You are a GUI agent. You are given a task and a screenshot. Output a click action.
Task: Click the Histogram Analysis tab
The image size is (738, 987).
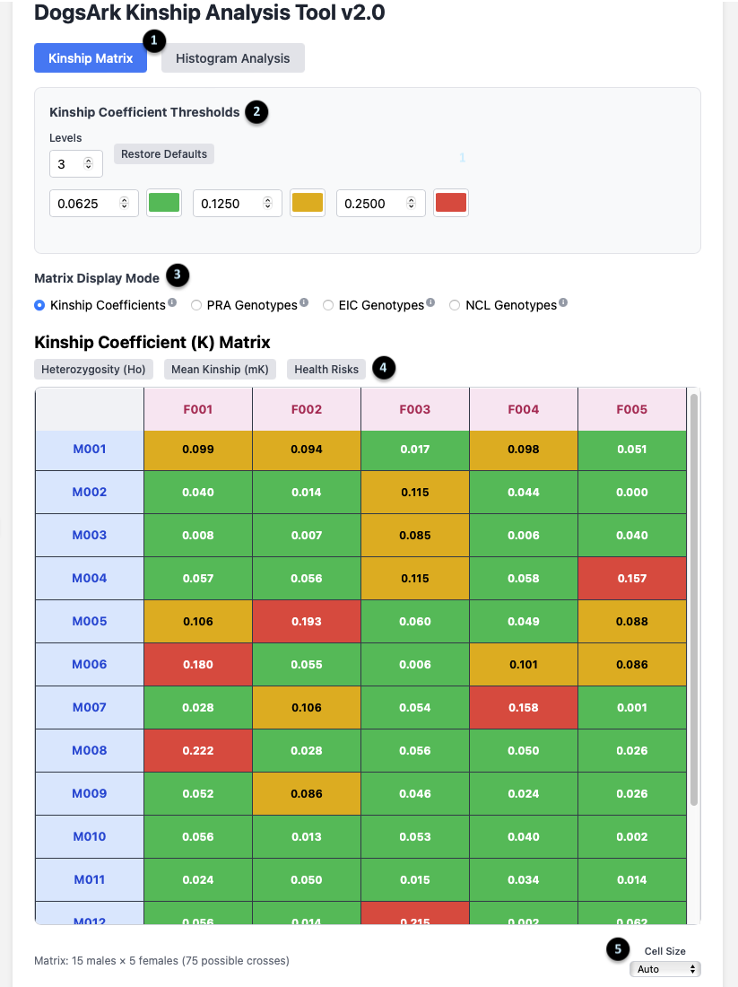tap(232, 58)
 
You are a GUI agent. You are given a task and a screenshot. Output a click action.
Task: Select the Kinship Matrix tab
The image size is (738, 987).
tap(91, 58)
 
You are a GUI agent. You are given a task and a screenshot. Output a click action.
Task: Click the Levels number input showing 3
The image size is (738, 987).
tap(75, 163)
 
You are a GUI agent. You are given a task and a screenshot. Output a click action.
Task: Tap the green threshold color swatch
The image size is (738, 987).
tap(163, 203)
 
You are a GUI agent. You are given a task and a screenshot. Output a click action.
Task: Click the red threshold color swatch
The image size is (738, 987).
tap(450, 203)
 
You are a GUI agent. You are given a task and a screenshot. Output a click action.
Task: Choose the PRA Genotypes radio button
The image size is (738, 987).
tap(196, 305)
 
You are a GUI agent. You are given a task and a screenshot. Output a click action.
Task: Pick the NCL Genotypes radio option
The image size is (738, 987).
tap(455, 305)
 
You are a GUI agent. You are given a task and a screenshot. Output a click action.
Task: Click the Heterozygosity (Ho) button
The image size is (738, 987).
tap(94, 369)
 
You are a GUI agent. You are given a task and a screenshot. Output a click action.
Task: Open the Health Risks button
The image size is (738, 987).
tap(326, 369)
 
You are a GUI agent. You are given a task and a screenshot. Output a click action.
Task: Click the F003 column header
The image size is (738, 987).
tap(414, 409)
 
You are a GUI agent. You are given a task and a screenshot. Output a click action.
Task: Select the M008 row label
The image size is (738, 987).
tap(89, 750)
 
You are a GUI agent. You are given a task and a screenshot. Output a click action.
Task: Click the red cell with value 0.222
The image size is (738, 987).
tap(198, 750)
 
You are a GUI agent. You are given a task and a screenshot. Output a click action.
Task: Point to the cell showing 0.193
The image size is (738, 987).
tap(307, 621)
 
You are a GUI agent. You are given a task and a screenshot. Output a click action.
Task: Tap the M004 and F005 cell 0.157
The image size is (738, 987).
tap(631, 578)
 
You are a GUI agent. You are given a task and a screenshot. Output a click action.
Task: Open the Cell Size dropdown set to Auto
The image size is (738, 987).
tap(664, 969)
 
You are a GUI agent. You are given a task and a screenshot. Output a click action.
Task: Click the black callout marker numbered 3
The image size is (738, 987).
tap(178, 275)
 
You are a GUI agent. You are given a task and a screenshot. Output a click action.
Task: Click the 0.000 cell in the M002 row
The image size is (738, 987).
tap(631, 492)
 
